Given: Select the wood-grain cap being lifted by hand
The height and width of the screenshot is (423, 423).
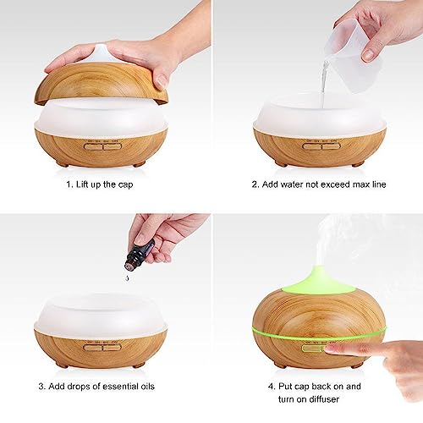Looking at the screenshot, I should click(x=102, y=85).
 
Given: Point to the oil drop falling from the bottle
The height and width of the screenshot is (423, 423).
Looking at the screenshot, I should click(x=126, y=268).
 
